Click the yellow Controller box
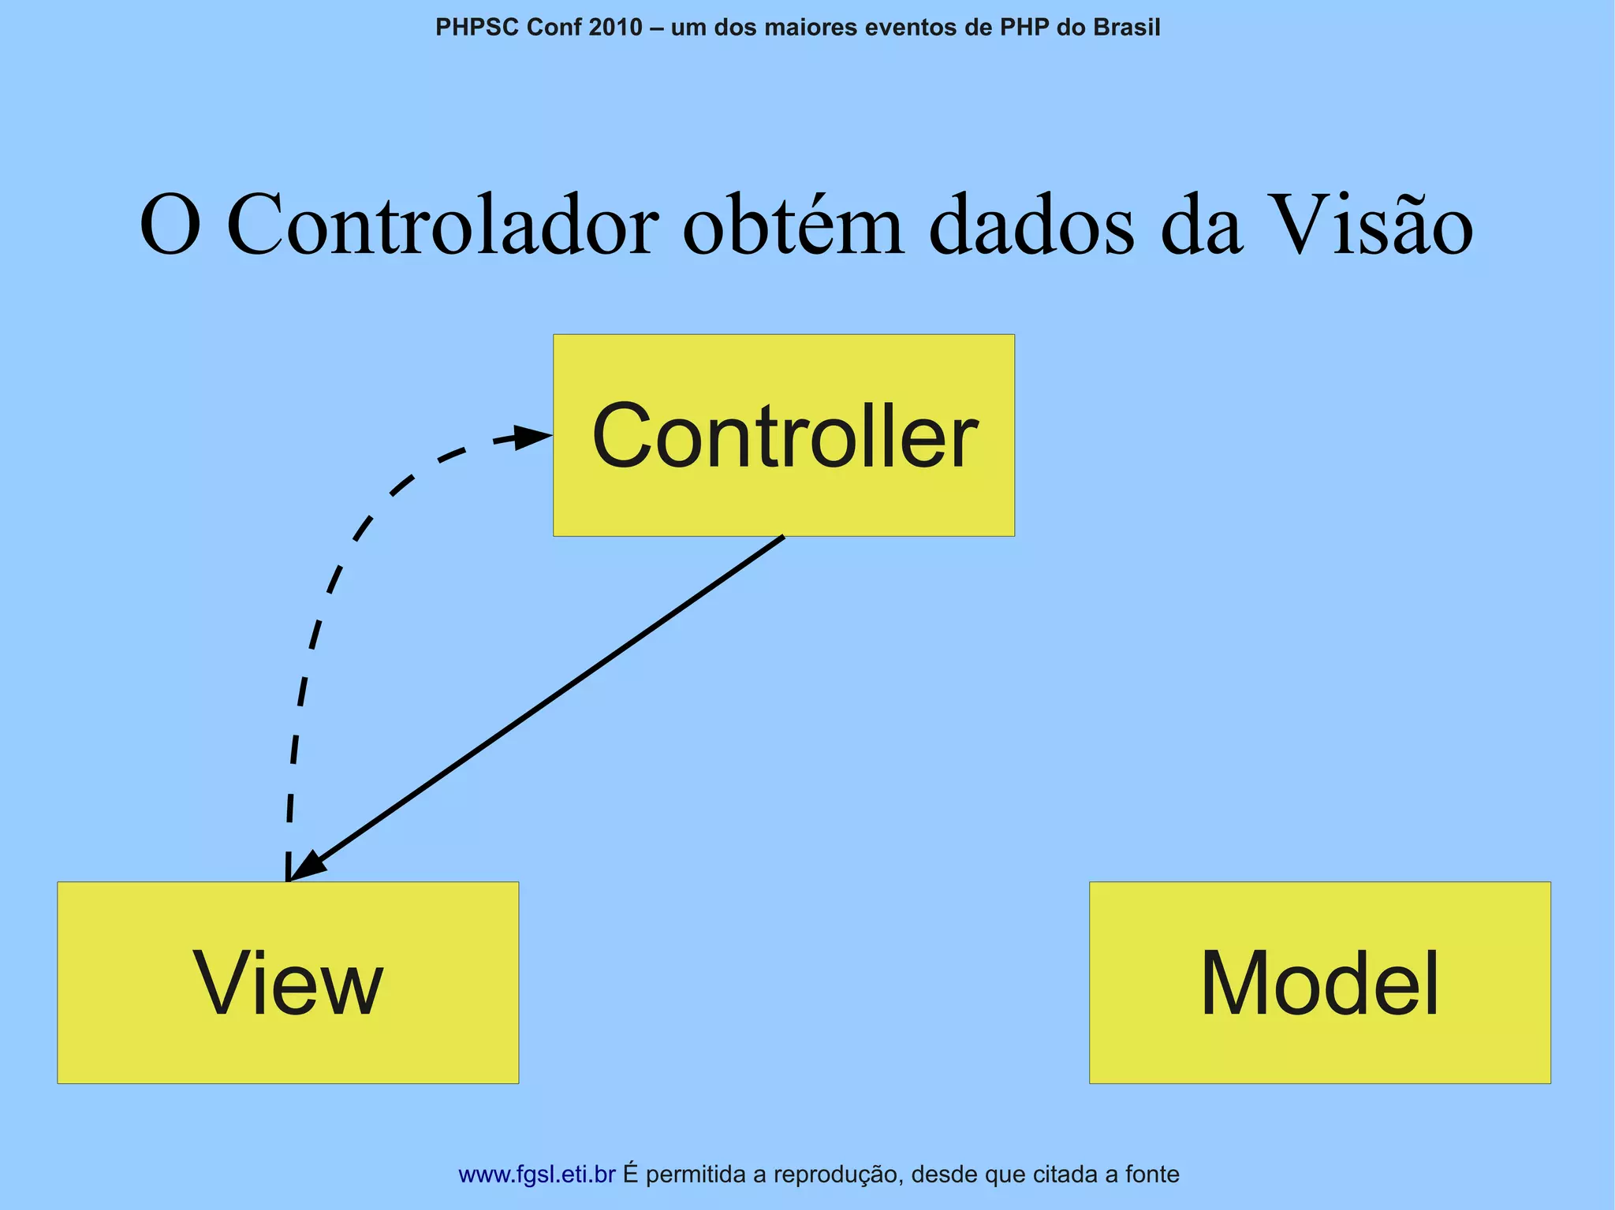point(783,435)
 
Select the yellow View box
point(288,982)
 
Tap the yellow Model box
point(1319,982)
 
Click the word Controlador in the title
point(442,226)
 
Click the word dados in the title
point(1032,226)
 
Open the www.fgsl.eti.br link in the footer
point(536,1175)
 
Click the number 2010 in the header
point(616,28)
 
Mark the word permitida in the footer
point(695,1175)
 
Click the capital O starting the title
point(170,226)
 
